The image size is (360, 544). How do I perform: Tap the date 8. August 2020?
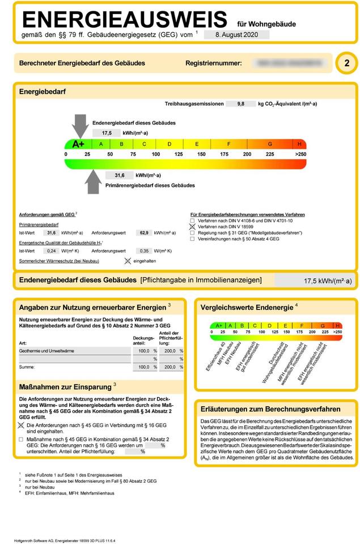coord(235,35)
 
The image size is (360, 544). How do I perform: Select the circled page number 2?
coord(346,63)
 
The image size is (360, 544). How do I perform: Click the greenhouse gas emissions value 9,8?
coord(240,104)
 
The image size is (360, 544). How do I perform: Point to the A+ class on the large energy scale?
coord(78,144)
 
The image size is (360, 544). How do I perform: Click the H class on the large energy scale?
coord(299,144)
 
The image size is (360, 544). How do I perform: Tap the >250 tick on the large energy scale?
coord(300,154)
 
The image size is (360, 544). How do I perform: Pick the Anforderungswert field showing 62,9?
coord(144,232)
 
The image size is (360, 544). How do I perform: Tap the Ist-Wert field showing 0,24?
coord(52,250)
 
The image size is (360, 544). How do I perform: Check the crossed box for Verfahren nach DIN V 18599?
coord(193,227)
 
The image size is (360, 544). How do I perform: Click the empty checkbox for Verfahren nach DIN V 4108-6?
coord(193,220)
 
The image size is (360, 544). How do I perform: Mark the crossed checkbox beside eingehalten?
coord(128,261)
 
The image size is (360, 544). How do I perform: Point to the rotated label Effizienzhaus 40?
coord(215,356)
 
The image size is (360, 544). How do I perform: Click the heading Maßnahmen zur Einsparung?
coord(65,386)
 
